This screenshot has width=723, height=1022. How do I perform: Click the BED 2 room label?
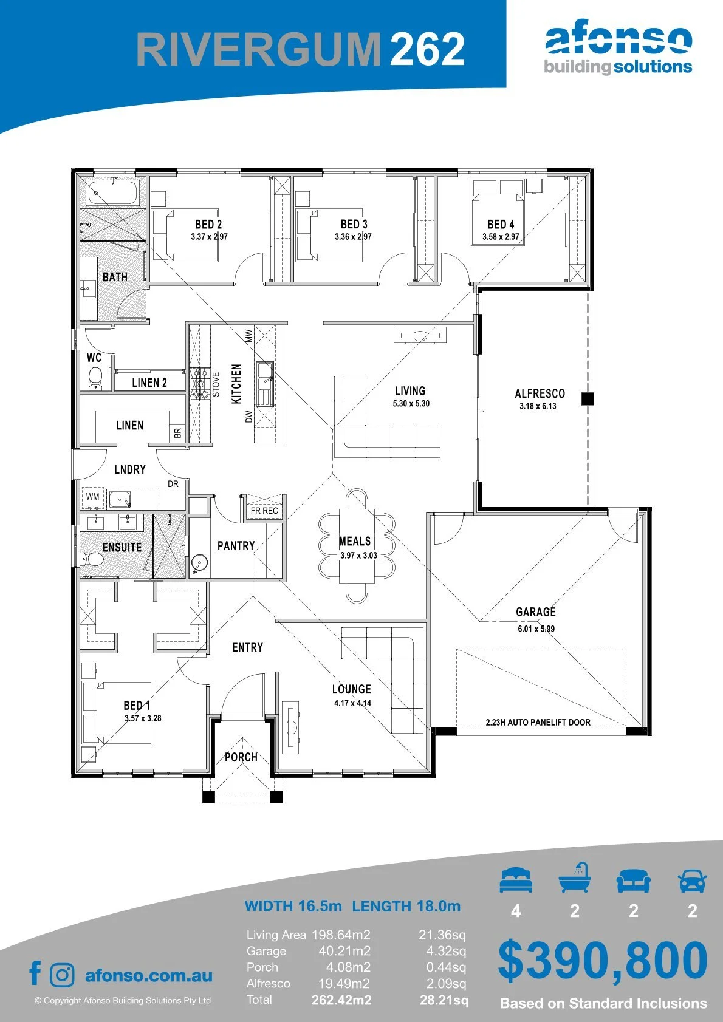click(x=208, y=224)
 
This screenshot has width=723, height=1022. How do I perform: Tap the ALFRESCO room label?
click(x=540, y=393)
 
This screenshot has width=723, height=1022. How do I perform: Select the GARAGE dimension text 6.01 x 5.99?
click(x=536, y=629)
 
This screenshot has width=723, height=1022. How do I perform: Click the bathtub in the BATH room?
click(x=113, y=193)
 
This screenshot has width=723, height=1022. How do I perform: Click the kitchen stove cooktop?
click(x=199, y=384)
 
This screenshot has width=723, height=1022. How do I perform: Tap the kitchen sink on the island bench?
click(x=264, y=384)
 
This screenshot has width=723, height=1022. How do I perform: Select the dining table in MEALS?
click(x=357, y=546)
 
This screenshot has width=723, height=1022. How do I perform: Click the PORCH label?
click(x=241, y=757)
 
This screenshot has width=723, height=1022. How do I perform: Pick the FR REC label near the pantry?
click(x=264, y=511)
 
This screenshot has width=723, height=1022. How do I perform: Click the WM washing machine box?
click(x=93, y=496)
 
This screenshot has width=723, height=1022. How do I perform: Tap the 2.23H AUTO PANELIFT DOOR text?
click(x=538, y=722)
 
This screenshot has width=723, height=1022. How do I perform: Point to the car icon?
click(x=693, y=881)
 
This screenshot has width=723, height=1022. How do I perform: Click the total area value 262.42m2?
click(x=341, y=1000)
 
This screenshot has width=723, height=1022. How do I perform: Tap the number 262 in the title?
click(x=428, y=49)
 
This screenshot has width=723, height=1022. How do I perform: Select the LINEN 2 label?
click(x=149, y=383)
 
